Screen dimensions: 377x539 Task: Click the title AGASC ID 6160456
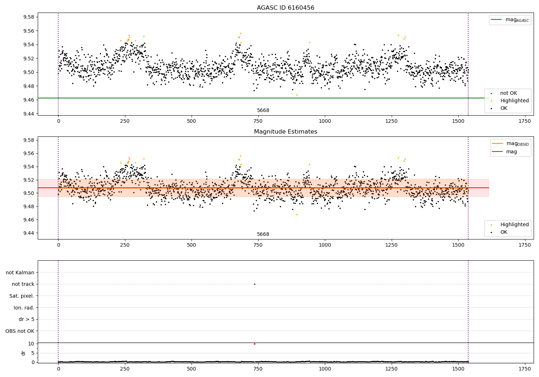click(x=285, y=8)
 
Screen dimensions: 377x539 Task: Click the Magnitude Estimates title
click(x=285, y=132)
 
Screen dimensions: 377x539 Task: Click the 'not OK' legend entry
click(x=508, y=93)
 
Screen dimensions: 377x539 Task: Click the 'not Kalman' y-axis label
click(x=20, y=273)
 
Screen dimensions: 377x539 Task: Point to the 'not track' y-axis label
click(x=23, y=284)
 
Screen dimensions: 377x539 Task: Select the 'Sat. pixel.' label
click(x=22, y=296)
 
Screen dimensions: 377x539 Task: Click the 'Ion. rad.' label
click(x=24, y=308)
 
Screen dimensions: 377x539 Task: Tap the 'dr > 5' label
click(x=26, y=319)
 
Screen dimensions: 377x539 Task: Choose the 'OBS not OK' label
click(x=20, y=331)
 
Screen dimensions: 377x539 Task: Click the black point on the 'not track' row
click(x=254, y=284)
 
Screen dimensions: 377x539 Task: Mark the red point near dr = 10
click(x=254, y=344)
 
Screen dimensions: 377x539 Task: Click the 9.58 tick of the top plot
click(x=28, y=17)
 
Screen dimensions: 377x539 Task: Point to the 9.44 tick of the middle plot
click(x=28, y=233)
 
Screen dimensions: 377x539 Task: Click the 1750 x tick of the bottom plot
click(x=525, y=369)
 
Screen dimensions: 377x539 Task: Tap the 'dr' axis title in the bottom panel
click(x=23, y=353)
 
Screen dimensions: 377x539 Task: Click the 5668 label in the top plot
click(x=263, y=111)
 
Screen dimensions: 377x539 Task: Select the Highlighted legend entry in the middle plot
click(x=514, y=224)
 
